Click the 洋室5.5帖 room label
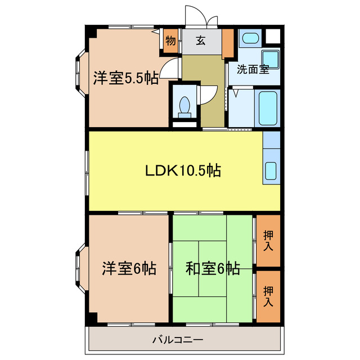[x=125, y=78]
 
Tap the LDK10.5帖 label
[x=183, y=169]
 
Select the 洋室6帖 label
[x=129, y=268]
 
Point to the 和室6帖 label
[x=213, y=268]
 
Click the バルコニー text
[x=177, y=340]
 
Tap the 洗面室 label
[x=253, y=70]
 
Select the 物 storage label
[x=170, y=40]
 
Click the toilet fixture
[x=184, y=105]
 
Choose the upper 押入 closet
[x=268, y=241]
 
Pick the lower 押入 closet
[x=268, y=296]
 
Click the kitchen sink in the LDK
[x=271, y=170]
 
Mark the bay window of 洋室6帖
[x=79, y=268]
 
